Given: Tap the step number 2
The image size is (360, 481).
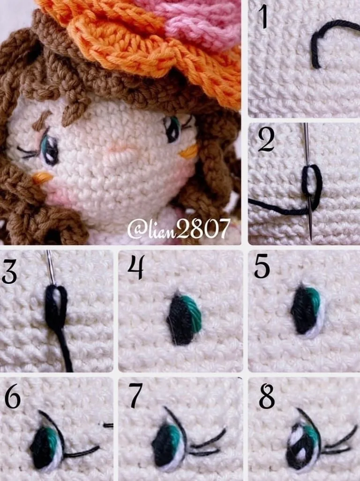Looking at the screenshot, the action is [266, 140].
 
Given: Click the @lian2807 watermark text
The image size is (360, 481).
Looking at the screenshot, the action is [179, 228].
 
